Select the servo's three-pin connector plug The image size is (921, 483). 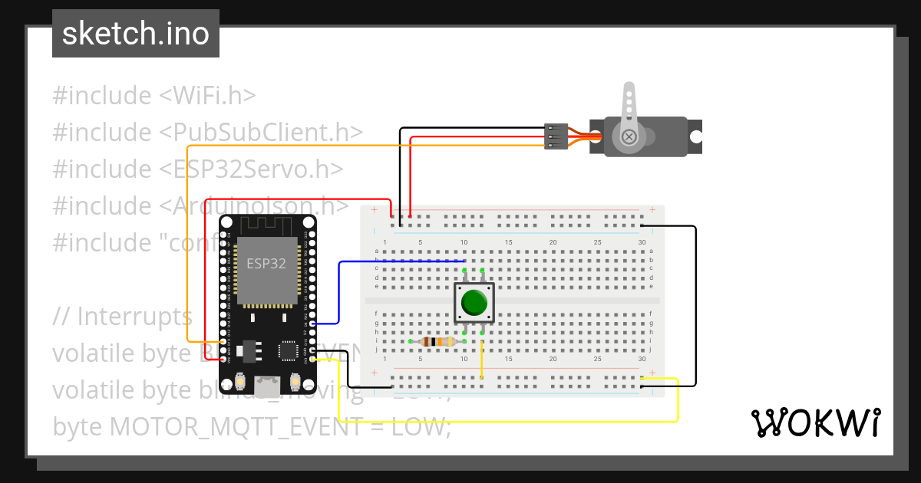coord(556,136)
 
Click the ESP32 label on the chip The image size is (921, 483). coord(266,264)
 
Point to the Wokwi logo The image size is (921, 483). coord(815,422)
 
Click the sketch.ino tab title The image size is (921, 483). coord(136,34)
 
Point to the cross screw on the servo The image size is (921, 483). coord(629,137)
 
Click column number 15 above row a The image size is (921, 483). coord(508,243)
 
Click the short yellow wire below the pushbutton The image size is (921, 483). coord(482,357)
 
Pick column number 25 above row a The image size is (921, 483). coord(597,243)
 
